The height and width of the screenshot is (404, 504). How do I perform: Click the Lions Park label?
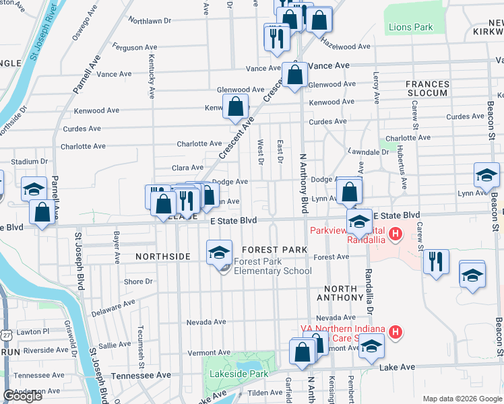coord(411,28)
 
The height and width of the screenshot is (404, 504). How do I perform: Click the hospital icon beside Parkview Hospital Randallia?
coord(396,234)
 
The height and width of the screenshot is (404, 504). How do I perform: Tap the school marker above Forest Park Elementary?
coord(219,252)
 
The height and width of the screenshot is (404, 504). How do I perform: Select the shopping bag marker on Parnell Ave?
coord(42,212)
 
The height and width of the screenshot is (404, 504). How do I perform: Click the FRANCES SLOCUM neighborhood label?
coord(427,88)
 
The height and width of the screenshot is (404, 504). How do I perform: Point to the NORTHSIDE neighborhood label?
coord(164,257)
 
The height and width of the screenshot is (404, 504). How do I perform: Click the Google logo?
coord(23,396)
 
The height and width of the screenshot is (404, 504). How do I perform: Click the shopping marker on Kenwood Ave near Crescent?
coord(236,107)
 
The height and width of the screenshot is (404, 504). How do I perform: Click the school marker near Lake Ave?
coord(370,347)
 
